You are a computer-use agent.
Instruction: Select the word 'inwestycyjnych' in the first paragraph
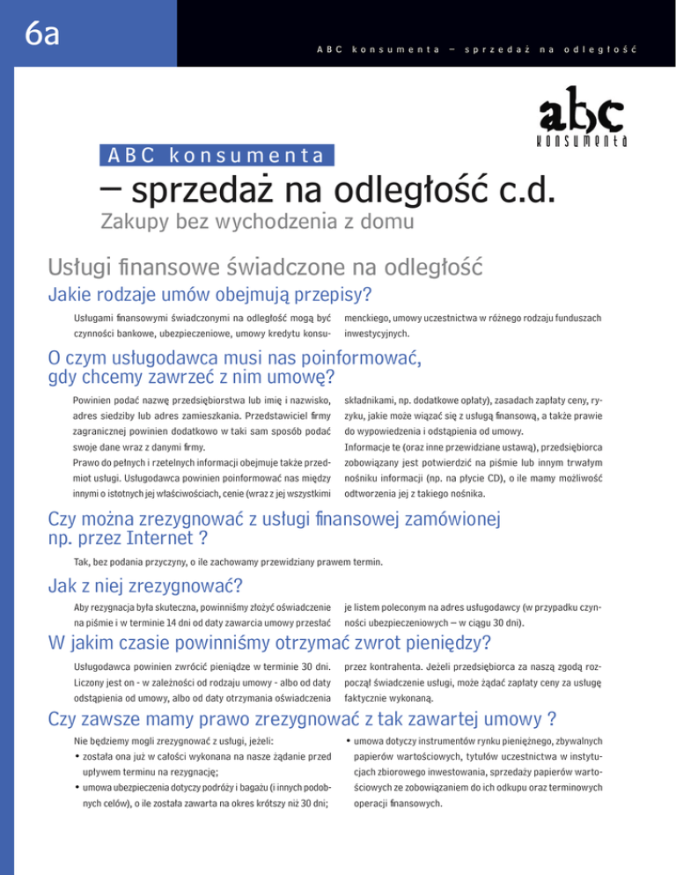pos(376,334)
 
